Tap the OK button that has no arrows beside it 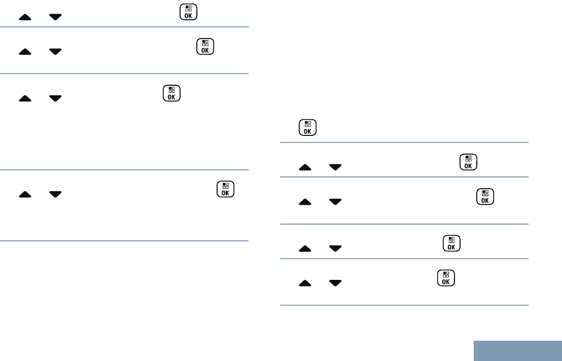point(307,127)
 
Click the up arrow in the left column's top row point(25,17)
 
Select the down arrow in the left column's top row point(55,17)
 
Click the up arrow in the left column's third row point(25,98)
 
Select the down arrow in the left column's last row point(55,194)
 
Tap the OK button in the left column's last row point(225,189)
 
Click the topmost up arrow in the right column point(305,167)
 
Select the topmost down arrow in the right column point(335,167)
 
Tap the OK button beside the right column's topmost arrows point(467,162)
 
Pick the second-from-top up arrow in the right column point(305,202)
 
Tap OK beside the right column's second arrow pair point(485,197)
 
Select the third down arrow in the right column point(335,248)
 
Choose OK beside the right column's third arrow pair point(451,243)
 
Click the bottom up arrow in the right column point(305,283)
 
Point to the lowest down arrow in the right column point(335,283)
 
